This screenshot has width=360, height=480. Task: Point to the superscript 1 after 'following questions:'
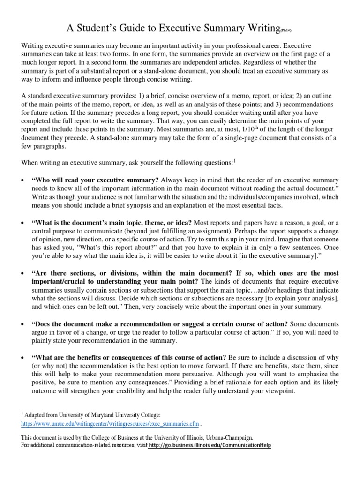[234, 161]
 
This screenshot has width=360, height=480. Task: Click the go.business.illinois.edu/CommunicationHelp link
[209, 445]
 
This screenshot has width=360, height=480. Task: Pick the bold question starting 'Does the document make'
[160, 324]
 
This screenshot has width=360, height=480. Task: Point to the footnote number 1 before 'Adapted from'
[22, 414]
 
